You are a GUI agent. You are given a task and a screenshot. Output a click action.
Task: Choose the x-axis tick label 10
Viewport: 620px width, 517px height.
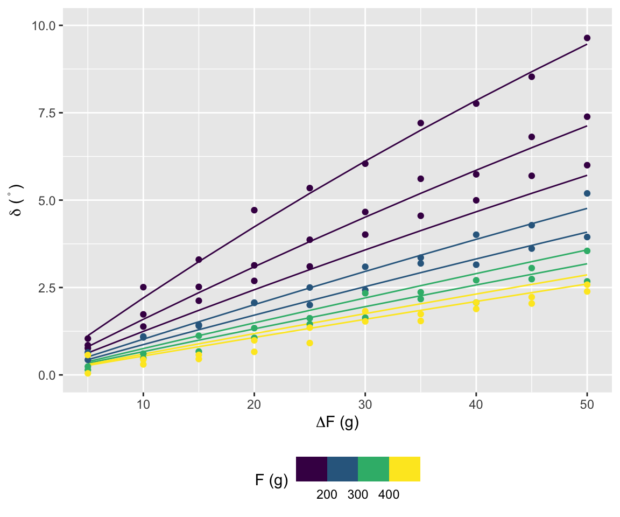(x=143, y=404)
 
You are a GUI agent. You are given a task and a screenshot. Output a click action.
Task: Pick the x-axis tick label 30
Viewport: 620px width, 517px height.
(x=365, y=404)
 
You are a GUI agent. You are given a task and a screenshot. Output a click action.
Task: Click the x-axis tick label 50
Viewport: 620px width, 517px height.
(x=587, y=404)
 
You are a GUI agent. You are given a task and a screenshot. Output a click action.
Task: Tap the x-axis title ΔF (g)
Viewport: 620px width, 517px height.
(x=337, y=423)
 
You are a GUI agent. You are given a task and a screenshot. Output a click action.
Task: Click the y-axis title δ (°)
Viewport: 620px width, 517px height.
(x=16, y=200)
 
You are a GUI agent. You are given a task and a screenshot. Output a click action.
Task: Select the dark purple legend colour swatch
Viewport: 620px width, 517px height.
(x=312, y=469)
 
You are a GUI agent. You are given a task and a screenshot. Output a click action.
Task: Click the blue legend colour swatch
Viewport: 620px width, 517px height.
(x=342, y=469)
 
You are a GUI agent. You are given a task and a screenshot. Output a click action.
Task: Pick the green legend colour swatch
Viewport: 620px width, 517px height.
(x=374, y=469)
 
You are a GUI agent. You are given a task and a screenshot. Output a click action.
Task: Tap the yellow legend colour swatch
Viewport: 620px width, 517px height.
(x=405, y=469)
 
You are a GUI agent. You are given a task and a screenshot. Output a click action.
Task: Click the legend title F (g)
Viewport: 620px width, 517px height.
(x=271, y=480)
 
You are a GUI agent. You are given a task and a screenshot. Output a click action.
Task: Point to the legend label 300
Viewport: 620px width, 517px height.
(x=358, y=494)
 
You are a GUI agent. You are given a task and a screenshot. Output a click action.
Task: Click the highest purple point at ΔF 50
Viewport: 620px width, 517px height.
(x=587, y=38)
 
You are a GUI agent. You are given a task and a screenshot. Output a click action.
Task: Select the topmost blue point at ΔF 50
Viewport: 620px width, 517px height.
(x=587, y=193)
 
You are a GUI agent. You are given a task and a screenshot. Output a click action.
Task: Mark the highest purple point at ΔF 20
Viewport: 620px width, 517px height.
(x=254, y=210)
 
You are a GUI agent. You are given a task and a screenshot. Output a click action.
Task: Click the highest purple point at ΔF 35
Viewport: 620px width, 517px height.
(x=420, y=123)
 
